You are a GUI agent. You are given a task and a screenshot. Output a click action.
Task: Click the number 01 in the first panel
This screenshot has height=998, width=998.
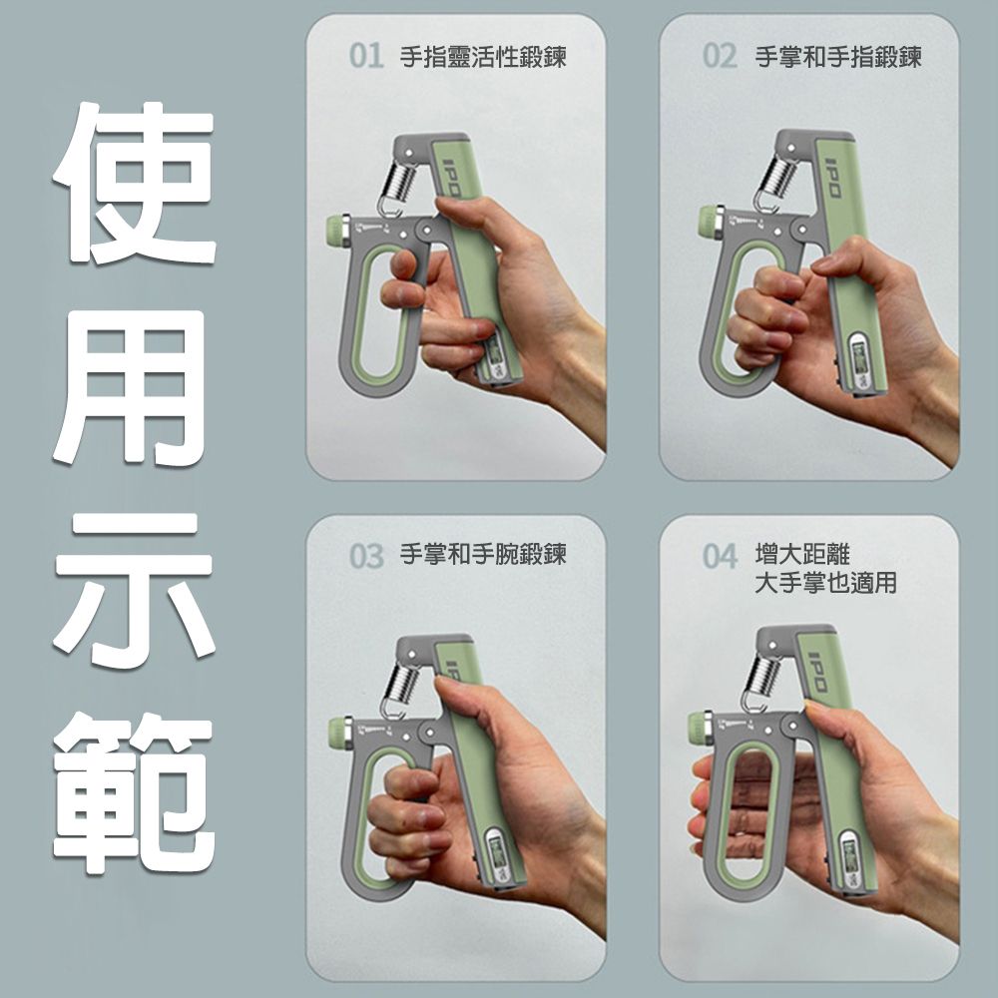click(x=366, y=56)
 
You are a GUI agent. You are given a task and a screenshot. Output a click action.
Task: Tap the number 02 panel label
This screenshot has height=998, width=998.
click(x=720, y=56)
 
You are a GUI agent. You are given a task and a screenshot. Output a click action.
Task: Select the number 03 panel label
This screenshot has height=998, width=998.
click(x=366, y=556)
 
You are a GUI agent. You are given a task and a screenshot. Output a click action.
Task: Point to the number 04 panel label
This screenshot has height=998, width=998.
click(x=720, y=556)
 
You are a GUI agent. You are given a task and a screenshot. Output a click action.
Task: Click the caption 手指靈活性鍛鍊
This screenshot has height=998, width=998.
click(x=483, y=57)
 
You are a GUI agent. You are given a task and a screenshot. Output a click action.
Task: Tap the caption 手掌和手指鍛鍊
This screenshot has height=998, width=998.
click(x=837, y=57)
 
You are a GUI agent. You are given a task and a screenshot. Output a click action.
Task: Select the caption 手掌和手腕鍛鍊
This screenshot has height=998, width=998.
click(x=483, y=554)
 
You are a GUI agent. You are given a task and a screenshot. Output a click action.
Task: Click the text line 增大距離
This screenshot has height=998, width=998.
click(x=802, y=554)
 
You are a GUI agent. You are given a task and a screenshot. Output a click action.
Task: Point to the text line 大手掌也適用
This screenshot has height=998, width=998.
click(x=825, y=583)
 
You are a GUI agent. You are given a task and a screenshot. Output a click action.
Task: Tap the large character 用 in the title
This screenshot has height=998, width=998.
click(x=131, y=386)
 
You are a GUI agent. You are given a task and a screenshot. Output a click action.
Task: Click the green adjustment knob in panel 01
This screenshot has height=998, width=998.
click(x=334, y=229)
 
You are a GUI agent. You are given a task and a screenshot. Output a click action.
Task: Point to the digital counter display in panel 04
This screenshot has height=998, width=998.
click(x=851, y=860)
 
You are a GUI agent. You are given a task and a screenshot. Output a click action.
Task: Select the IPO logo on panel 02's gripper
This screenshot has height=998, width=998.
click(x=833, y=178)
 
